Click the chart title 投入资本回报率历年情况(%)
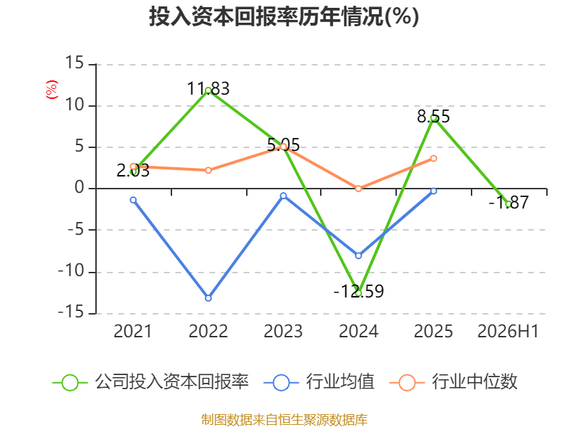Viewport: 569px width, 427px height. pyautogui.click(x=284, y=16)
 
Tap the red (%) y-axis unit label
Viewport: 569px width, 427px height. pyautogui.click(x=51, y=90)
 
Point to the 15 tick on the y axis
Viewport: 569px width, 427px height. pyautogui.click(x=75, y=63)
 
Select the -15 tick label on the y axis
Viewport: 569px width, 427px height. pyautogui.click(x=71, y=312)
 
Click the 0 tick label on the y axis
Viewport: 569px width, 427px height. pyautogui.click(x=80, y=188)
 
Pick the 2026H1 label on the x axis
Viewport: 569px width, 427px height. pyautogui.click(x=508, y=331)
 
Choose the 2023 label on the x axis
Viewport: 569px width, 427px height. pyautogui.click(x=283, y=331)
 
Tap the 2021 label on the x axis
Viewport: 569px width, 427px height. pyautogui.click(x=133, y=331)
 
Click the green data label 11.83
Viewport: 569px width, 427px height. pyautogui.click(x=208, y=88)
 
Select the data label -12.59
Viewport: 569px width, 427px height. pyautogui.click(x=358, y=291)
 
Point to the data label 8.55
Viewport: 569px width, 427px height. pyautogui.click(x=433, y=117)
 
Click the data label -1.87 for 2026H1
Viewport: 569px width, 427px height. pyautogui.click(x=509, y=202)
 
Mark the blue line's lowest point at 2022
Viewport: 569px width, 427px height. pyautogui.click(x=208, y=298)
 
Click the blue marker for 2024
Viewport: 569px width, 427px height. pyautogui.click(x=358, y=255)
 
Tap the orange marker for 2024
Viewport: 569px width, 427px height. pyautogui.click(x=358, y=189)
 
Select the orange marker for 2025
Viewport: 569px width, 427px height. pyautogui.click(x=434, y=158)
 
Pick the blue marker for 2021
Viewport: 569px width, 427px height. pyautogui.click(x=133, y=200)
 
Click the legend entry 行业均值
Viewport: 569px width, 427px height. pyautogui.click(x=319, y=382)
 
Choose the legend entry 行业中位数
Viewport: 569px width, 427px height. pyautogui.click(x=453, y=382)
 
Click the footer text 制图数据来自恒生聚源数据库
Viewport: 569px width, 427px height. pyautogui.click(x=284, y=420)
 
